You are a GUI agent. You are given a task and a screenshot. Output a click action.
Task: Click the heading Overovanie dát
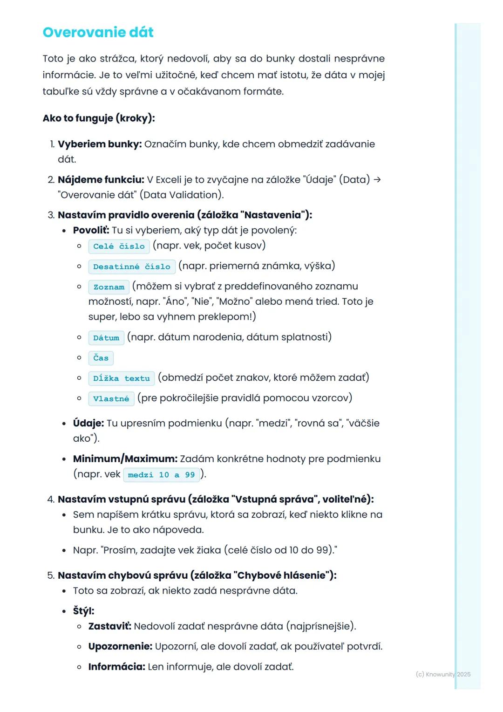click(x=98, y=32)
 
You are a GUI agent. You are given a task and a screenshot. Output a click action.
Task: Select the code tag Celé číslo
click(x=119, y=246)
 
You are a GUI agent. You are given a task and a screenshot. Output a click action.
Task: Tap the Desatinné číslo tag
click(x=132, y=267)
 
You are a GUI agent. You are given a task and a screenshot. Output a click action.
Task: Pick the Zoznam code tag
click(x=109, y=287)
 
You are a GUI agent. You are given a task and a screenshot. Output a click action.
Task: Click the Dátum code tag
click(x=106, y=338)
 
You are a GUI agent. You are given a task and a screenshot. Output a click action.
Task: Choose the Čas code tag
click(x=101, y=358)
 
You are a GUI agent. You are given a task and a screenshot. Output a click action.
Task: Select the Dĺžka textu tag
click(x=121, y=378)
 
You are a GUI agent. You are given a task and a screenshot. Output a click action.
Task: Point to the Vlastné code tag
click(x=111, y=398)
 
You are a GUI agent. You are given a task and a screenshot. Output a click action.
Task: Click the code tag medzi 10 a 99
click(x=161, y=475)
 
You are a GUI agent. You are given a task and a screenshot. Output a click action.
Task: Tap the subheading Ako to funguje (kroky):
click(x=99, y=118)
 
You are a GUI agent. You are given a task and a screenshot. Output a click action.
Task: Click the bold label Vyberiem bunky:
click(x=100, y=144)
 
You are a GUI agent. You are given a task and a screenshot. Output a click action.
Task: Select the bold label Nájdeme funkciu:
click(x=101, y=179)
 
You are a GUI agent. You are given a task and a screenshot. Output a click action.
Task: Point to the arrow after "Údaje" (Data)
click(x=377, y=179)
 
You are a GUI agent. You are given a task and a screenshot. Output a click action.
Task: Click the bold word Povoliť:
click(x=91, y=230)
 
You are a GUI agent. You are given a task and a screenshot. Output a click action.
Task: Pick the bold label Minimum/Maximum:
click(x=125, y=459)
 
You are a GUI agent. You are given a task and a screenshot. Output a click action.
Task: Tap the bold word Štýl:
click(x=83, y=611)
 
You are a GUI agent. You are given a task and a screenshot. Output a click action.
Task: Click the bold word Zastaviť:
click(x=109, y=626)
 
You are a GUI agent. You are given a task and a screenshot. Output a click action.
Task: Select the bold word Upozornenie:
click(x=120, y=646)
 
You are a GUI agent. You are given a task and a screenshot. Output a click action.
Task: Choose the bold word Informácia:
click(x=116, y=667)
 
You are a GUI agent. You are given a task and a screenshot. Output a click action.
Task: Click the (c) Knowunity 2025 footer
click(x=443, y=674)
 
